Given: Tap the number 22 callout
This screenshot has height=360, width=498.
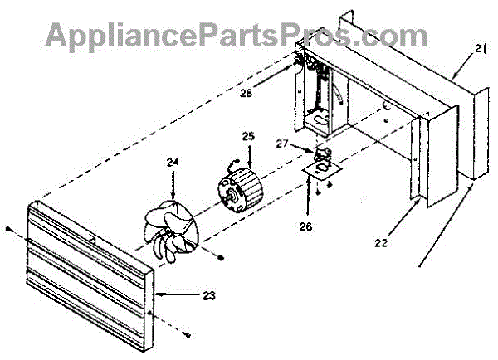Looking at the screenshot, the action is pyautogui.click(x=382, y=243).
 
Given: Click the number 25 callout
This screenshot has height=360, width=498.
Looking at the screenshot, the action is pyautogui.click(x=247, y=135).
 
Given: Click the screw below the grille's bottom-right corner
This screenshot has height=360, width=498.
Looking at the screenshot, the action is pyautogui.click(x=189, y=334).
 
